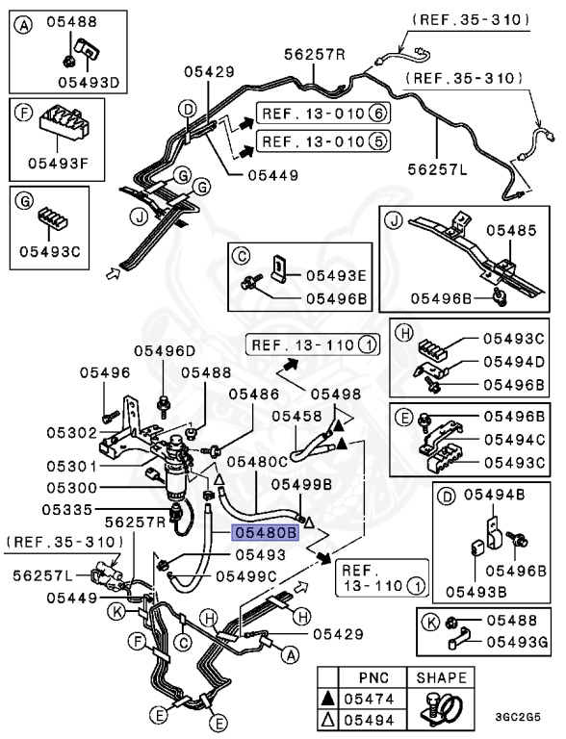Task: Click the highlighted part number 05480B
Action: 265,532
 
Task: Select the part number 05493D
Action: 89,83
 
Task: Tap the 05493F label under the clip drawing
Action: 59,164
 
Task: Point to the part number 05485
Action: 511,231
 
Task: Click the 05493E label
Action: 336,276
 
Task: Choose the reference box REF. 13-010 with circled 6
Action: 323,114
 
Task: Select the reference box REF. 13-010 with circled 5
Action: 323,140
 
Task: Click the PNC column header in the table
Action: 373,677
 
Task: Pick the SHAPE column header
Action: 441,677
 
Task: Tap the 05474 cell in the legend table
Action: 369,699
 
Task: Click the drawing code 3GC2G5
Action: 518,717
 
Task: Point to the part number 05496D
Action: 165,350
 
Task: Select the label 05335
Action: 67,509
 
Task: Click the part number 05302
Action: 71,433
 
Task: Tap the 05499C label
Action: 246,576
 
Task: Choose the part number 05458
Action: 296,416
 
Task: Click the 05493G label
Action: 518,642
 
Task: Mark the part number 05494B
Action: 495,495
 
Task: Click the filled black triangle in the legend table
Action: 328,699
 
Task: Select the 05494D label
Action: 514,362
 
